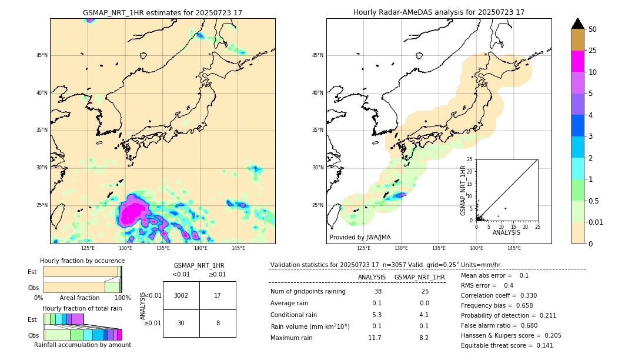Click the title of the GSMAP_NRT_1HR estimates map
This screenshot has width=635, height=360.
coord(162,12)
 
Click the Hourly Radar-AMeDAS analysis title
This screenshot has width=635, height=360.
coord(439,12)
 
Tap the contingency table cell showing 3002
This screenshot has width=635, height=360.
coord(181,295)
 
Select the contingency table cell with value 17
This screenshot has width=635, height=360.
coord(218,295)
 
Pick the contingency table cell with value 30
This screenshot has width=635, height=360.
coord(181,323)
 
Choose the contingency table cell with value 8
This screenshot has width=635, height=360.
coord(218,323)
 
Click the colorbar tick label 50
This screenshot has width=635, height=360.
coord(593,29)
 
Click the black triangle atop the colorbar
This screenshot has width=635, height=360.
coord(578,24)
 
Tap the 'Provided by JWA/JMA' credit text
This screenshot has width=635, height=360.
coord(360,237)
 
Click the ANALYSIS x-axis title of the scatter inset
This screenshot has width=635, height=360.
coord(506,232)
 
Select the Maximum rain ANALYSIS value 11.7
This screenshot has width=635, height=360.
coord(375,338)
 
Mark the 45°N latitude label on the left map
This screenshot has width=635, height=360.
coord(42,55)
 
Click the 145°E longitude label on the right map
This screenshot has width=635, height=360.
coord(514,248)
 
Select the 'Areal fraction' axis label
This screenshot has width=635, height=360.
coord(79,298)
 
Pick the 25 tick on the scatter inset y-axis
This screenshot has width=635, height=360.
coord(470,159)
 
